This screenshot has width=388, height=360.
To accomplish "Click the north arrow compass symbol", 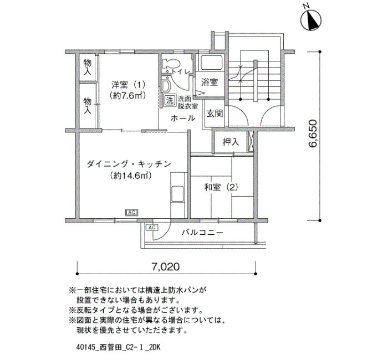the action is [x=311, y=19].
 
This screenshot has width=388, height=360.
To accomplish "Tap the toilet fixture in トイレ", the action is [x=171, y=64].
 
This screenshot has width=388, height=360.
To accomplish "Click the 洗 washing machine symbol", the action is [x=170, y=100].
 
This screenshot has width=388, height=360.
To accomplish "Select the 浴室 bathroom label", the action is [x=210, y=82].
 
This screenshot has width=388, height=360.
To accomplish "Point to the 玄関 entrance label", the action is [x=215, y=114].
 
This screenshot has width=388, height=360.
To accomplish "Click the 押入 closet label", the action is [x=231, y=142].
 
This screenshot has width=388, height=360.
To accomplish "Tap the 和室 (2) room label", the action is [x=221, y=187].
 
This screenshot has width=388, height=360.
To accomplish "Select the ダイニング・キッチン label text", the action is [x=129, y=164].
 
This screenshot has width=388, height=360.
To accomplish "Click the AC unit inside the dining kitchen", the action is [x=132, y=212].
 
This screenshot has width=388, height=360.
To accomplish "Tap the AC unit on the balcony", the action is [x=152, y=227].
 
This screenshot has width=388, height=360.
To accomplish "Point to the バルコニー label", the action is [x=202, y=233].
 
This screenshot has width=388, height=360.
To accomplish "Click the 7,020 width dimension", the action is [x=165, y=267].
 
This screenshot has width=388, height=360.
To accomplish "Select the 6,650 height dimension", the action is [x=312, y=133].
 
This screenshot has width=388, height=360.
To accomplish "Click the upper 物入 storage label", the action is [x=88, y=67].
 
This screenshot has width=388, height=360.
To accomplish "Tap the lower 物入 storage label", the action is [x=88, y=106].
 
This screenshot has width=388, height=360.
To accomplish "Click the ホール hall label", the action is [x=183, y=118].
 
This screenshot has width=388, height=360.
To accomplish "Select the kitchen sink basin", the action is [x=177, y=194].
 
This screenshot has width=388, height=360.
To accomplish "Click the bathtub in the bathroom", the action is [x=212, y=63].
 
